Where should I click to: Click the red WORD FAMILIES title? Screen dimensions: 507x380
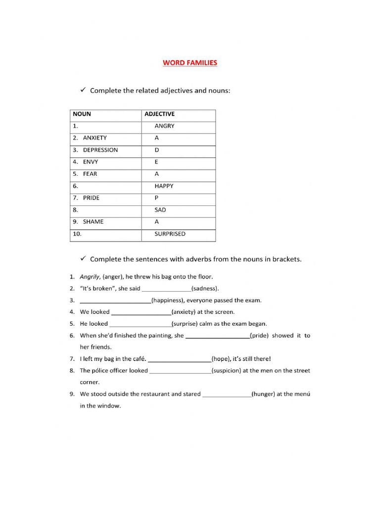[190, 63]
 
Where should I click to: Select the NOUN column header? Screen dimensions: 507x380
[82, 114]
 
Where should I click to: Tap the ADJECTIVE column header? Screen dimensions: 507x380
[159, 114]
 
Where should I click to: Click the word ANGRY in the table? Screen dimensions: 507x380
[164, 126]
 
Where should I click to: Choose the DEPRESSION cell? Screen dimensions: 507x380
[100, 150]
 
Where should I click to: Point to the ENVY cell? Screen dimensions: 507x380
[91, 162]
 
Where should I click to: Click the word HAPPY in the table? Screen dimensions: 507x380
[164, 186]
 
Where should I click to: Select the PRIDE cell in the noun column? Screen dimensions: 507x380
[91, 198]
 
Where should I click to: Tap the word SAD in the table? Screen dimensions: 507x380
[160, 210]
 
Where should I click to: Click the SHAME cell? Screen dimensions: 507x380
[93, 222]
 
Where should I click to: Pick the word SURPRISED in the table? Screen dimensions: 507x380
[170, 234]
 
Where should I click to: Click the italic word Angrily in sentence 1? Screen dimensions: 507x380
[90, 277]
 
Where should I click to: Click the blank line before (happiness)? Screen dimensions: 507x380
[115, 302]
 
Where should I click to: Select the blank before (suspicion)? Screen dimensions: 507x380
[180, 372]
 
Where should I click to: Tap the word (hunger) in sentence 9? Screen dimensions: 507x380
[263, 394]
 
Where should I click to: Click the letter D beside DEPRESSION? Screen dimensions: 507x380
[157, 150]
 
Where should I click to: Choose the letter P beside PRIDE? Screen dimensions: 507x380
[156, 198]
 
